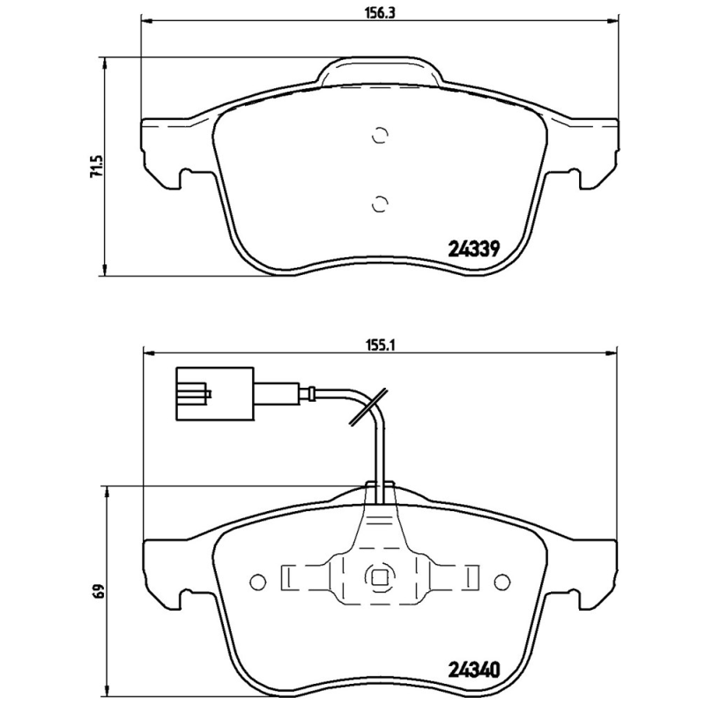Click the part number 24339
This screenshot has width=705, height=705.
pyautogui.click(x=476, y=249)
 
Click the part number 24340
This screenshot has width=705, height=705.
pyautogui.click(x=476, y=669)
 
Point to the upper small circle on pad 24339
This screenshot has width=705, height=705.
pyautogui.click(x=379, y=135)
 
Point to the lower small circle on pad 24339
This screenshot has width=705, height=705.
pyautogui.click(x=379, y=204)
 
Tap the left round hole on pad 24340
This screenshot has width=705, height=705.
pyautogui.click(x=257, y=581)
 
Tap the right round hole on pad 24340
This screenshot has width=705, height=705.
pyautogui.click(x=501, y=581)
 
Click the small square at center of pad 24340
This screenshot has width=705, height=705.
pyautogui.click(x=379, y=579)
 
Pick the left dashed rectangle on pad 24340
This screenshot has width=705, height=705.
pyautogui.click(x=290, y=578)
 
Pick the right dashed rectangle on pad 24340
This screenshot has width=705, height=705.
pyautogui.click(x=470, y=578)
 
